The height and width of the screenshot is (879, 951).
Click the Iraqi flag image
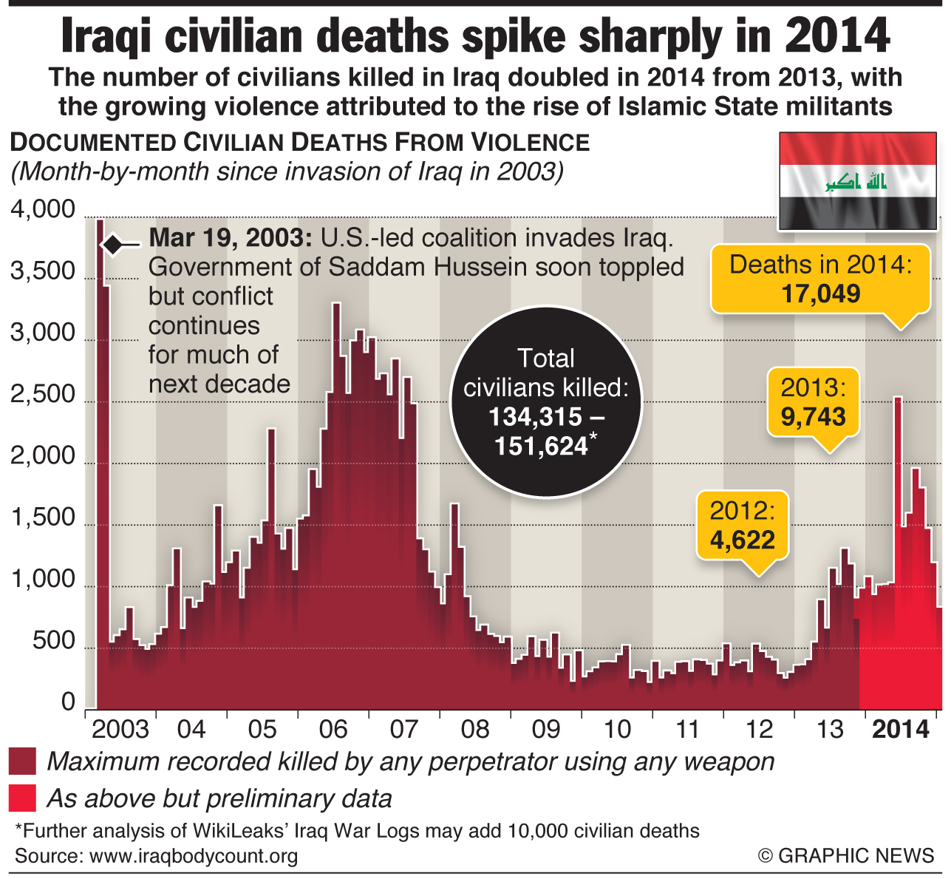coord(858,181)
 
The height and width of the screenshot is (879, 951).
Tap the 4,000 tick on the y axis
coord(43,210)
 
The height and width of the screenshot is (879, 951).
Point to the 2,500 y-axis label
coord(43,395)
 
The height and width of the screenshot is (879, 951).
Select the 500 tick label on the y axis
coord(53,641)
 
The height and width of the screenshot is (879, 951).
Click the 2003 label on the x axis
coord(120,730)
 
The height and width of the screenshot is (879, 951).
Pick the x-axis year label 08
coord(474,730)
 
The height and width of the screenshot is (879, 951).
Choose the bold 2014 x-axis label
coord(901,730)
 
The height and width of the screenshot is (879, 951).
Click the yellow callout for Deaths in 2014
coord(820,279)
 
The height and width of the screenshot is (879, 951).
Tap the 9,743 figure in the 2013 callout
coord(813,417)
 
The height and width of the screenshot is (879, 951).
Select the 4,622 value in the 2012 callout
coord(742,540)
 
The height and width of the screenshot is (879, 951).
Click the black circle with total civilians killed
coord(546,401)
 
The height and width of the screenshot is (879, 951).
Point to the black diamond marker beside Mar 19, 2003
coord(113,245)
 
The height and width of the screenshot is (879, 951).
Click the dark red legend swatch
coord(22,761)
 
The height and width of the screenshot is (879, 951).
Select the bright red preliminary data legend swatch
coord(22,798)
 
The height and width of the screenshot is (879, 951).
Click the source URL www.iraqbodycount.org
coord(193,856)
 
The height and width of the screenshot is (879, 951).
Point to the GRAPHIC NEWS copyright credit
coord(845,856)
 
